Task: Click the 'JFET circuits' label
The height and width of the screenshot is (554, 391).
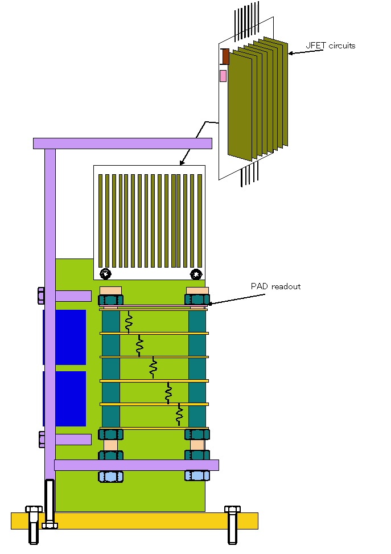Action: (x=331, y=46)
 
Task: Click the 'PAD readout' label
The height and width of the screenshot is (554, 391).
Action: (x=275, y=286)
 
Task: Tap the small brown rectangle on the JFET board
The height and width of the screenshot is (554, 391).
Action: (x=225, y=56)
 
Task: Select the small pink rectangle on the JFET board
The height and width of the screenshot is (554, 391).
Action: (x=223, y=76)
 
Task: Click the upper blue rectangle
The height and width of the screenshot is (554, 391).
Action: (x=64, y=337)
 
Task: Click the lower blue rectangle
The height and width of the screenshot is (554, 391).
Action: (x=64, y=398)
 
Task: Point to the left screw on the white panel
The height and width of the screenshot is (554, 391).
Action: (x=105, y=274)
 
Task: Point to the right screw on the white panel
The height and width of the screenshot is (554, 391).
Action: (x=196, y=274)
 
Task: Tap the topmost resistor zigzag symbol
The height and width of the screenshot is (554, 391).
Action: (x=129, y=322)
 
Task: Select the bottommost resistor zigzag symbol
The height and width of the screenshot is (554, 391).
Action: (x=180, y=415)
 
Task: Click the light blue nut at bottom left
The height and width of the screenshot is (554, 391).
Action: (x=110, y=477)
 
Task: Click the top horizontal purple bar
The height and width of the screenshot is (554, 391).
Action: (x=122, y=143)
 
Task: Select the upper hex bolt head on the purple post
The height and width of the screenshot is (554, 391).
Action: (x=41, y=296)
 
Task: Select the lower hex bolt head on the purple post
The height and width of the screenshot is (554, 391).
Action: (x=42, y=439)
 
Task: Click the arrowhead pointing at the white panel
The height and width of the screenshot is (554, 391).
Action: (x=182, y=163)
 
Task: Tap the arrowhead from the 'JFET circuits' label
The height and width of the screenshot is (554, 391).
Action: (x=291, y=54)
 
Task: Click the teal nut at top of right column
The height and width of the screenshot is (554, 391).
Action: (x=197, y=299)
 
